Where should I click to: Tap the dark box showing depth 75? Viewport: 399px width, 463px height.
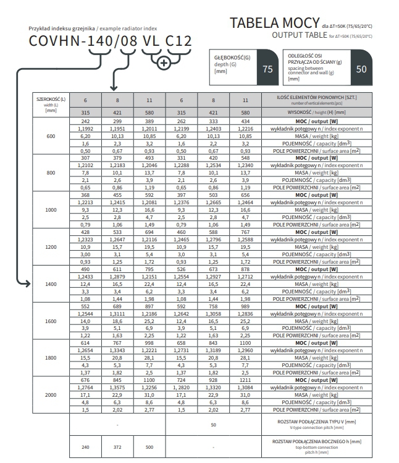click(x=267, y=69)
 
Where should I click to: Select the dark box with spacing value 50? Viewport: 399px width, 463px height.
click(x=361, y=68)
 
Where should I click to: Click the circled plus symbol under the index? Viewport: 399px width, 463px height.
click(x=164, y=63)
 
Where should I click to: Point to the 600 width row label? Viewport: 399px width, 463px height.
click(x=51, y=136)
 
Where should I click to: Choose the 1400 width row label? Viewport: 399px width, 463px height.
click(x=51, y=283)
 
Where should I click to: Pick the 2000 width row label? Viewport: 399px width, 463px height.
click(x=51, y=394)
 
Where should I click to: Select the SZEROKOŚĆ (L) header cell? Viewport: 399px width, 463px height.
click(x=51, y=105)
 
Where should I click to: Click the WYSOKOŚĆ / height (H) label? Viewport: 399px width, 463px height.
click(x=317, y=113)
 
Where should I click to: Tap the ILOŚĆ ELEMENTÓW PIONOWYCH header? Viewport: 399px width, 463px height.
click(x=317, y=99)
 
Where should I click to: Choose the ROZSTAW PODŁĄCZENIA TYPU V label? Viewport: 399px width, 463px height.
click(x=317, y=423)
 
